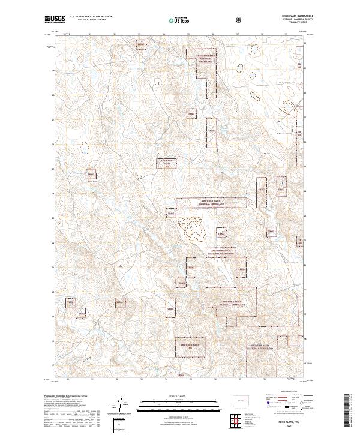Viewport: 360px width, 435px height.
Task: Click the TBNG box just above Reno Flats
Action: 91,175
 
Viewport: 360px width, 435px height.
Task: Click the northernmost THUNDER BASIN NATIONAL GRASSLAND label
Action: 205,58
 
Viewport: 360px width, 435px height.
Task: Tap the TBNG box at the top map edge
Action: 140,45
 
